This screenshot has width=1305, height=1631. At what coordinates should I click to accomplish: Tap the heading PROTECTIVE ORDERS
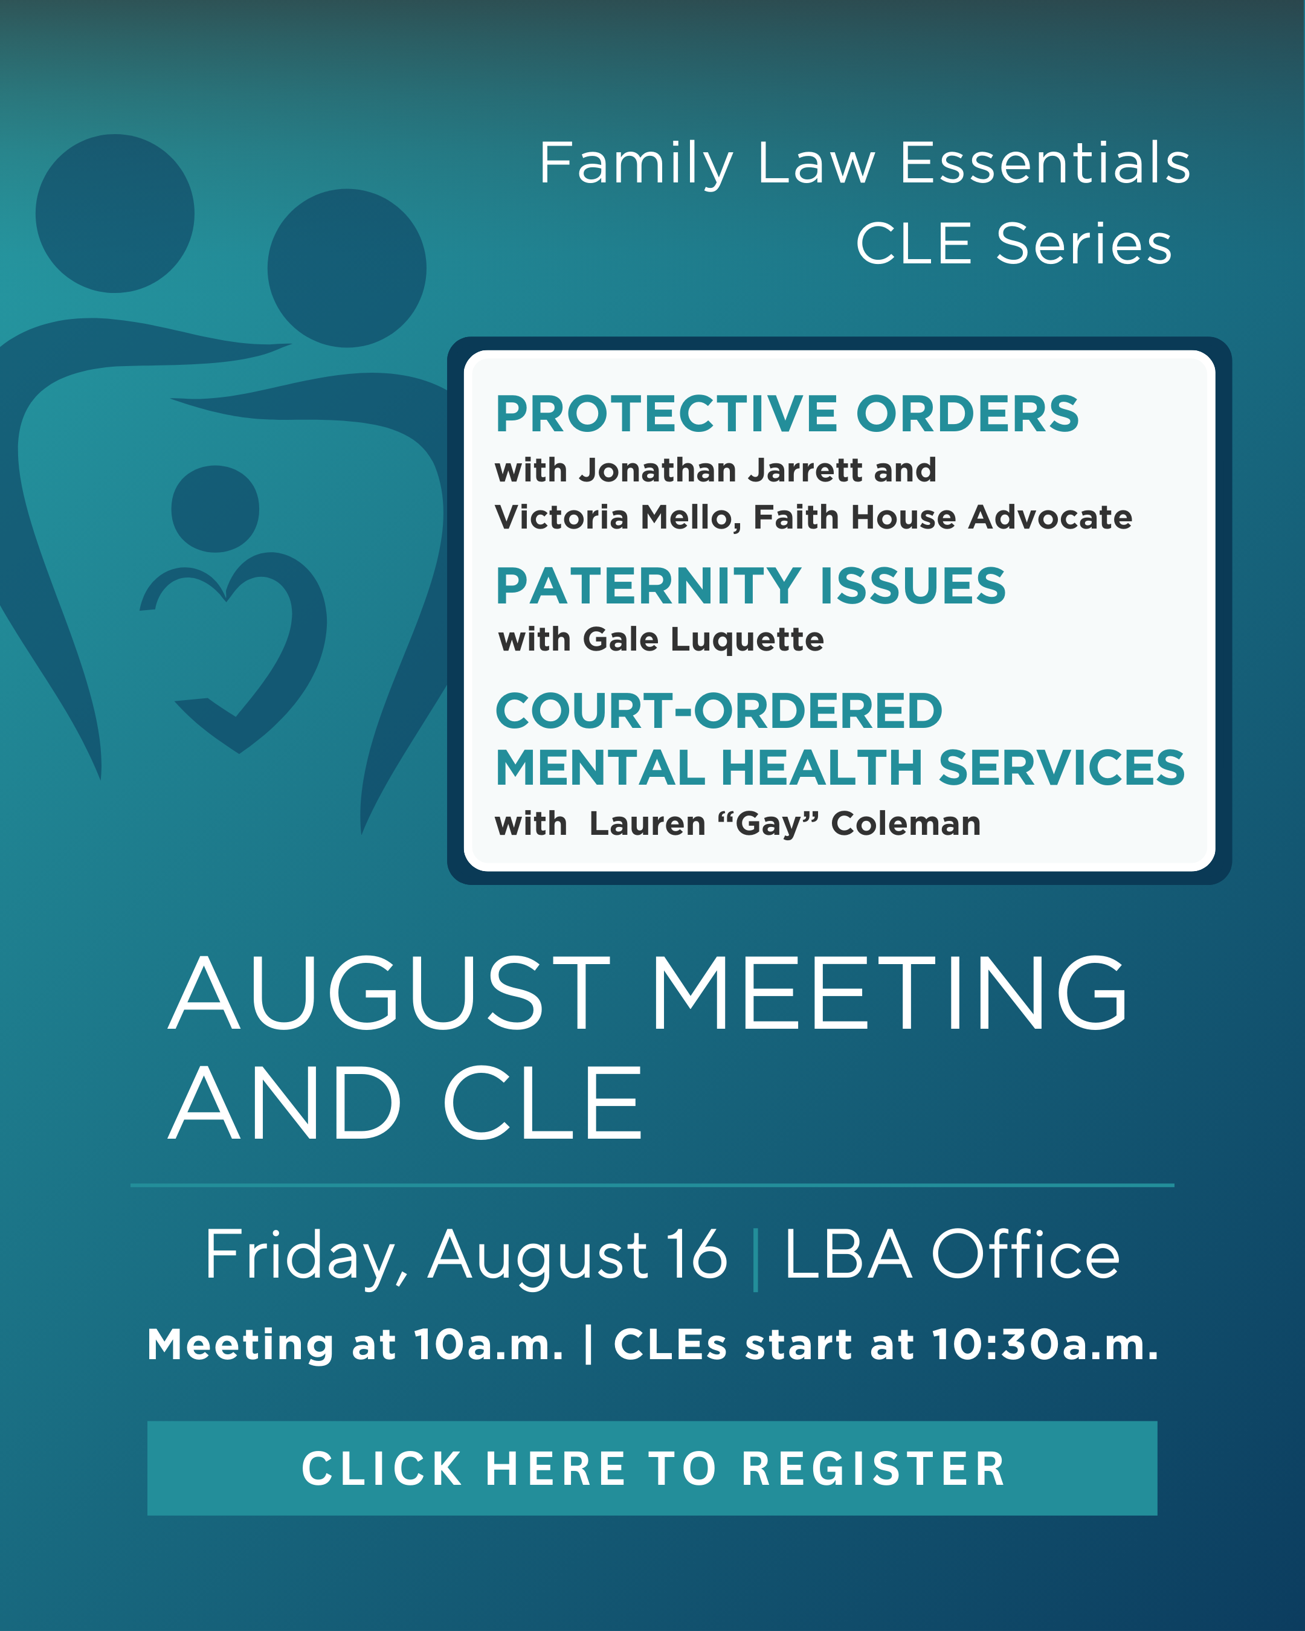click(x=787, y=414)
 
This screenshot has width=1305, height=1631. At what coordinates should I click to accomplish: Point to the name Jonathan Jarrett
click(x=721, y=470)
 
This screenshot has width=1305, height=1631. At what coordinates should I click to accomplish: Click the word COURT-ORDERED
click(x=719, y=711)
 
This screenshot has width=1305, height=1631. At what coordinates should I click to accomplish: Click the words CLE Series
click(x=1014, y=243)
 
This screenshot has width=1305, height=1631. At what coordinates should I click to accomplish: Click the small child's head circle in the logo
click(x=216, y=509)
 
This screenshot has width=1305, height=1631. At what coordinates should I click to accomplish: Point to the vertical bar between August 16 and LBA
click(x=756, y=1259)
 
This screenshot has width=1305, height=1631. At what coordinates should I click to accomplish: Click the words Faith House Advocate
click(x=942, y=518)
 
